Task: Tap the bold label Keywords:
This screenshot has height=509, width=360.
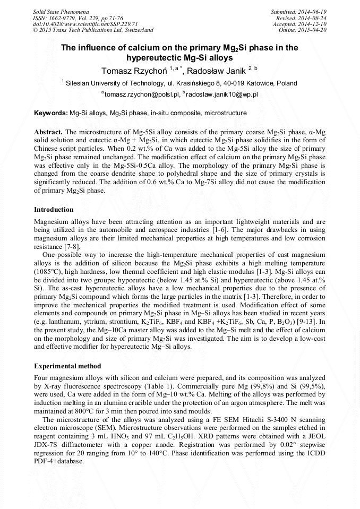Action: tap(51, 113)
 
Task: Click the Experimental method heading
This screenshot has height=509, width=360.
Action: tap(67, 366)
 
